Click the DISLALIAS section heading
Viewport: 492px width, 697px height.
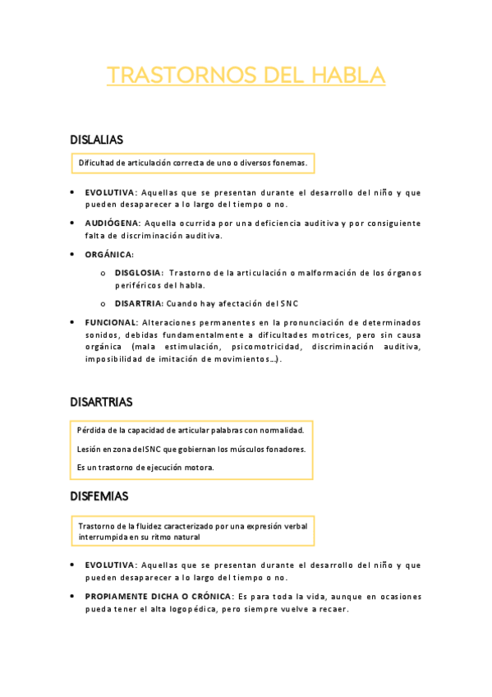97,140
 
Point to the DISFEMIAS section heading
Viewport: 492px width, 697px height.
99,496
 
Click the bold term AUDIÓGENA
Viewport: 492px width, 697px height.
113,223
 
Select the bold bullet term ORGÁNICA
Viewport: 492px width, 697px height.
108,255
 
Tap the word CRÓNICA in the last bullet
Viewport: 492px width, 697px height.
207,596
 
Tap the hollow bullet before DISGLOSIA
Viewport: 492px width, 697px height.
103,273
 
